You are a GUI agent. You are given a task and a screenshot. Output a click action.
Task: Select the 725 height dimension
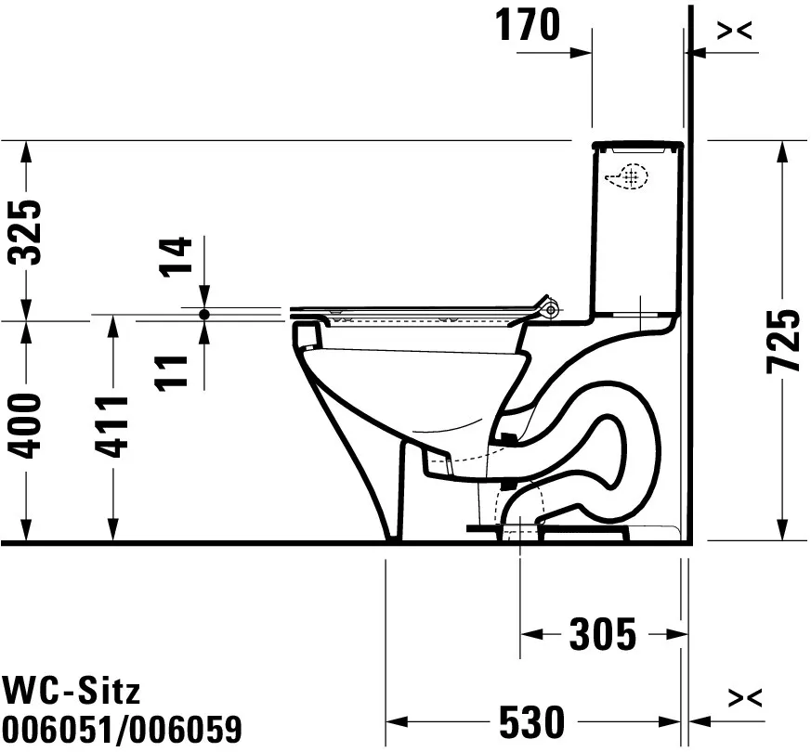tap(785, 341)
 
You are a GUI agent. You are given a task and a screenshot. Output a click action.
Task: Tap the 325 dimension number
tap(30, 231)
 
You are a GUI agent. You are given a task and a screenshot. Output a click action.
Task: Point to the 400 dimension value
tap(30, 425)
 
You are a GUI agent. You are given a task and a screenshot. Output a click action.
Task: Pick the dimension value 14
tap(177, 257)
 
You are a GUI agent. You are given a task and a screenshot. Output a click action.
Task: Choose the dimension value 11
tap(177, 369)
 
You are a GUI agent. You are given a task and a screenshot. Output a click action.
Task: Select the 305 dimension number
tap(602, 635)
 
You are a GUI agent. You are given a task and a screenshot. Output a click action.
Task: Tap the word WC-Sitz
tap(72, 690)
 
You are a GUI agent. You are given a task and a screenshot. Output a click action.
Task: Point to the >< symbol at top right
tap(734, 31)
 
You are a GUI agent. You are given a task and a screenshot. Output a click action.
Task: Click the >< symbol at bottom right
tap(746, 696)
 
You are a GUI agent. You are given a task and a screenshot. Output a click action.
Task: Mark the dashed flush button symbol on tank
tap(628, 176)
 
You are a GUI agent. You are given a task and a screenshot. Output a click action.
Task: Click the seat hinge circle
tap(552, 305)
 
